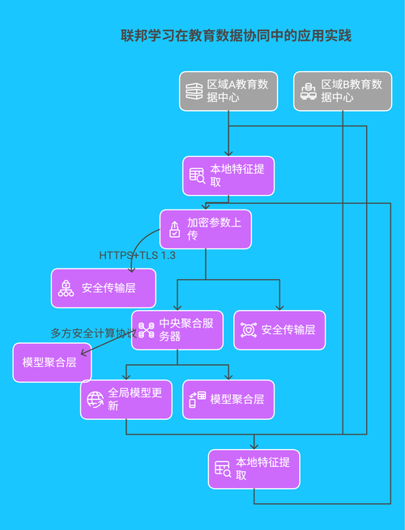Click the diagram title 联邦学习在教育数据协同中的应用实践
[x=236, y=36]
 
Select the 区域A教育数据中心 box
[x=228, y=91]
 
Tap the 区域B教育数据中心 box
[x=343, y=91]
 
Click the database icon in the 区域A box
[x=193, y=91]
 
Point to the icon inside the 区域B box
[x=307, y=91]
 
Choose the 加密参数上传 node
[x=205, y=229]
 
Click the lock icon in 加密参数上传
[x=174, y=230]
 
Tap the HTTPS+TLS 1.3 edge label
[x=138, y=255]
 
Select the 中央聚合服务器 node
[x=177, y=330]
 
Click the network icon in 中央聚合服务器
[x=146, y=330]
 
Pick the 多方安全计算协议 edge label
[x=92, y=333]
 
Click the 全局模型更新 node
[x=126, y=399]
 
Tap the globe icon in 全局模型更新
[x=95, y=399]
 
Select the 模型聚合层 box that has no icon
[x=47, y=363]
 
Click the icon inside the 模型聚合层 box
[x=197, y=399]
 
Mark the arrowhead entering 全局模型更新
[x=126, y=378]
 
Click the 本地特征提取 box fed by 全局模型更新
[x=254, y=469]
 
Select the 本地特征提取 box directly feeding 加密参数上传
[x=228, y=176]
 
